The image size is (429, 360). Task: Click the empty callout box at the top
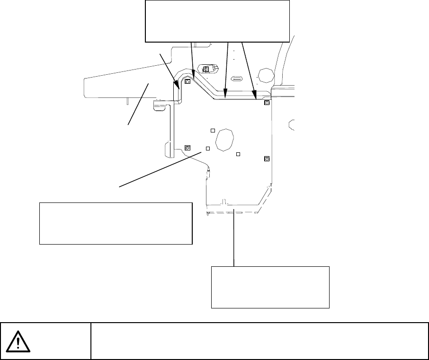pyautogui.click(x=216, y=21)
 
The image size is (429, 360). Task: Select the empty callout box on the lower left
pyautogui.click(x=116, y=223)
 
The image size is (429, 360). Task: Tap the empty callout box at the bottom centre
pyautogui.click(x=270, y=287)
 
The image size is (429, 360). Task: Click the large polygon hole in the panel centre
pyautogui.click(x=225, y=140)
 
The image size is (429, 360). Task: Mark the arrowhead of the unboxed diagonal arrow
pyautogui.click(x=178, y=88)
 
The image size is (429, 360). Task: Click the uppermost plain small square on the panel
pyautogui.click(x=213, y=130)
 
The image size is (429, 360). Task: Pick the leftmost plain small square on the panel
pyautogui.click(x=207, y=149)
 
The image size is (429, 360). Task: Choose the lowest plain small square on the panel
pyautogui.click(x=238, y=154)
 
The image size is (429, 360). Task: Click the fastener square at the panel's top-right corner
pyautogui.click(x=267, y=103)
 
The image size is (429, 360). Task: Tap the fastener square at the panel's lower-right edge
pyautogui.click(x=267, y=158)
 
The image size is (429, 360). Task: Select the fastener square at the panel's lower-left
pyautogui.click(x=187, y=148)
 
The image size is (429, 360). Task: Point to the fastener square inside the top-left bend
pyautogui.click(x=188, y=81)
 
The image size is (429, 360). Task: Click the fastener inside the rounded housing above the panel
pyautogui.click(x=206, y=70)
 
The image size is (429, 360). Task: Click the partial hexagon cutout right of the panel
pyautogui.click(x=292, y=124)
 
